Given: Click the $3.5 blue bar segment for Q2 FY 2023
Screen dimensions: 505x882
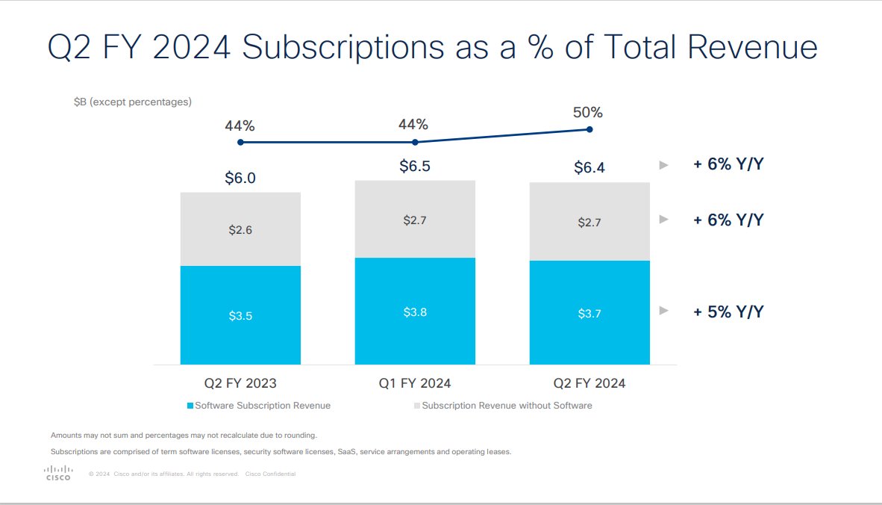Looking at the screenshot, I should [240, 315].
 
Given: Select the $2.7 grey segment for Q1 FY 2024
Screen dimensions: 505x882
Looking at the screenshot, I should [415, 221].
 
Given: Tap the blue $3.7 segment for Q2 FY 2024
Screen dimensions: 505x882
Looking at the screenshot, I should [589, 313].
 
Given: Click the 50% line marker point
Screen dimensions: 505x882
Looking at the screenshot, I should [589, 129].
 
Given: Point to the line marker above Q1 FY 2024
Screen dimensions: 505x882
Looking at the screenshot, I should [415, 142].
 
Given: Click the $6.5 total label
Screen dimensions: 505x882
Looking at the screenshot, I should [415, 167].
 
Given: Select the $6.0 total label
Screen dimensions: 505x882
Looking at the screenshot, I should [240, 178].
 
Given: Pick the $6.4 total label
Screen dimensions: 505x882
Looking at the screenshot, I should [589, 168].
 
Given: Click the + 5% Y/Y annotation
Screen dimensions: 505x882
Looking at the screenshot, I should [728, 312].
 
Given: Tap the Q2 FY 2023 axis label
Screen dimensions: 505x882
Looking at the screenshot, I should [240, 383].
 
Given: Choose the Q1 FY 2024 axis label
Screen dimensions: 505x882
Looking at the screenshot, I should [415, 383].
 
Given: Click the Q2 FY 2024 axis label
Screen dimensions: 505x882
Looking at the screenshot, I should [589, 383].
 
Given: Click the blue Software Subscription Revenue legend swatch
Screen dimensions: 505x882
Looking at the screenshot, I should [190, 406].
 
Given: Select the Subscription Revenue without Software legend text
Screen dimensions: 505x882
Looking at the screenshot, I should [507, 406].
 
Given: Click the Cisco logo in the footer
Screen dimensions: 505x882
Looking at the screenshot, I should [58, 472].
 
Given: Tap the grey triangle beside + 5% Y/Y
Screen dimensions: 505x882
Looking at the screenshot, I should [663, 312].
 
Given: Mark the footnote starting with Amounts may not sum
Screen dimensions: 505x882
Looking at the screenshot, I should [184, 435].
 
